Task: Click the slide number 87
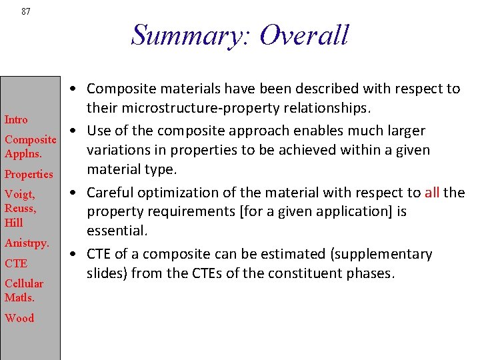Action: pos(26,11)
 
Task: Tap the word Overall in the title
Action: pos(304,35)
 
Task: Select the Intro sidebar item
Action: pos(16,120)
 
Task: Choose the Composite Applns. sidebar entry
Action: pos(30,146)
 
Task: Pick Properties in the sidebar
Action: pos(29,174)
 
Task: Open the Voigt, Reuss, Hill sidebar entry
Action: pos(20,209)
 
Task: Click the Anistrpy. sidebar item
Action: pos(27,243)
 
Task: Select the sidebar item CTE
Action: pos(16,263)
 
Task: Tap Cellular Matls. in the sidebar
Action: pos(24,291)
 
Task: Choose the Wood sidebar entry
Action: pos(19,318)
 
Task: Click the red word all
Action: pos(431,193)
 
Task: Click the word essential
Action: pos(116,231)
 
